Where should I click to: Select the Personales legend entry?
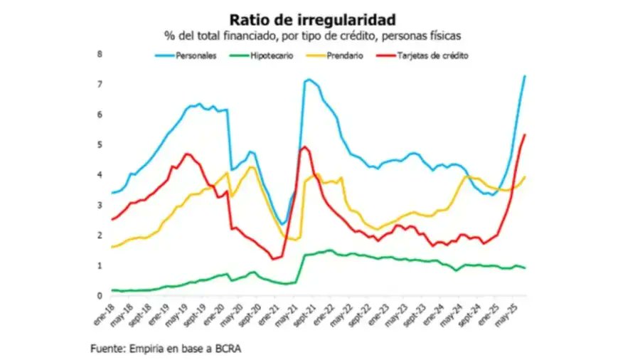pos(196,55)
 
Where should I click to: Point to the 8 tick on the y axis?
pos(100,54)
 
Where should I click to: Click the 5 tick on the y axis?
pos(100,145)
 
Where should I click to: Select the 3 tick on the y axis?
pos(100,206)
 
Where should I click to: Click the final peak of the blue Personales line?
pos(525,76)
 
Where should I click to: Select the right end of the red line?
pos(525,134)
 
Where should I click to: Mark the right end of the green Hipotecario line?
pos(525,268)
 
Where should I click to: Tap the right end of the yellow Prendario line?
pos(525,176)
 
